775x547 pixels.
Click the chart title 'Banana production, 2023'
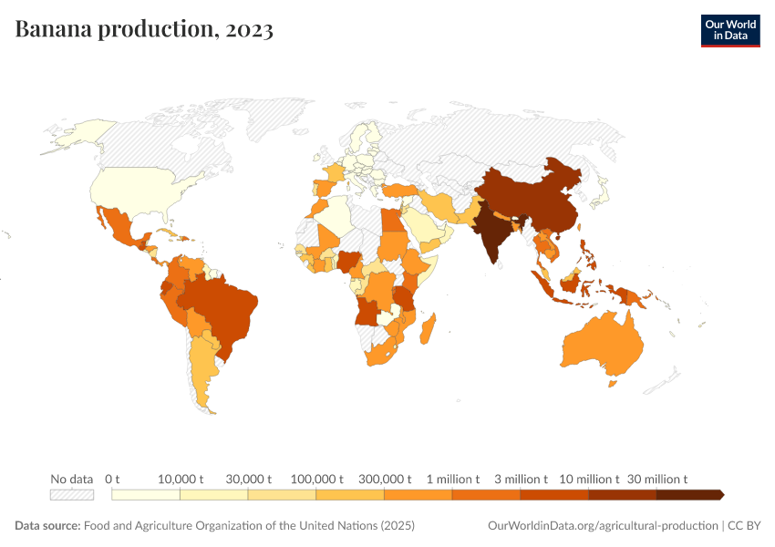pos(144,29)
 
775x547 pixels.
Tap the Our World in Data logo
pos(729,30)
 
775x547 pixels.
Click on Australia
pos(602,346)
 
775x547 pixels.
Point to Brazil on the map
pos(223,310)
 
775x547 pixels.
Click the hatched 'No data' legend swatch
pos(72,494)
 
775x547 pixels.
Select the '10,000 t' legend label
pos(180,479)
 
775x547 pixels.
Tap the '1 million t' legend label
pos(452,479)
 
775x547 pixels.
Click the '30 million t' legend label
pos(656,479)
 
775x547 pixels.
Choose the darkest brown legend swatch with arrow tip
pos(689,494)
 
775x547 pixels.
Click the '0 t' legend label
pos(112,479)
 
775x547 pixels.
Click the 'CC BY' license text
pos(743,526)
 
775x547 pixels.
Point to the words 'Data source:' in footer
pos(47,526)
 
